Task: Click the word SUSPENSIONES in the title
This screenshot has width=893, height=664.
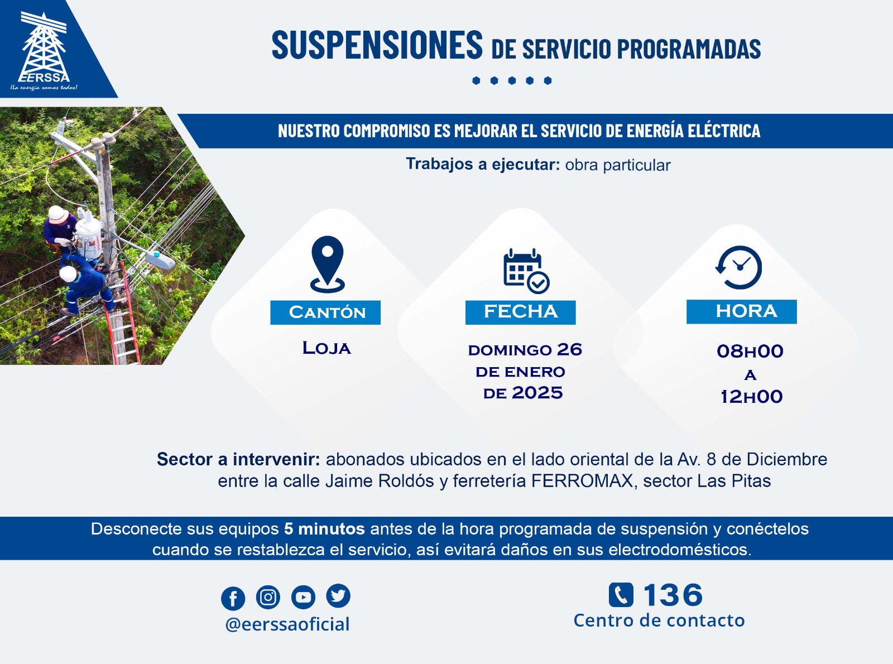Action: [377, 45]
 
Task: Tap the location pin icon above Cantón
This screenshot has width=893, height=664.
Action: [327, 264]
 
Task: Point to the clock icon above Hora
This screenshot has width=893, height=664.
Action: [739, 267]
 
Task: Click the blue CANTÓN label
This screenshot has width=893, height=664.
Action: [325, 312]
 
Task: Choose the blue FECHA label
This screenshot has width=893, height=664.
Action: [521, 312]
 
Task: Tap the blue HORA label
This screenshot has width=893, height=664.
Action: [742, 311]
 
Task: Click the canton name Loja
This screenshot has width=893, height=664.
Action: [327, 348]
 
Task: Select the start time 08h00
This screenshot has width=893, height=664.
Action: [750, 351]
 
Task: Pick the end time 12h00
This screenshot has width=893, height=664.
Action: [751, 397]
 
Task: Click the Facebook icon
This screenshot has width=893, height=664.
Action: [233, 598]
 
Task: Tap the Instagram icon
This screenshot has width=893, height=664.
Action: [268, 596]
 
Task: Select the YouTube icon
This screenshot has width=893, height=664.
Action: [303, 596]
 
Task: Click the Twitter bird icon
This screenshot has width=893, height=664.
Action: [338, 595]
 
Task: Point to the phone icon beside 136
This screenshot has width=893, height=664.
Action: [621, 594]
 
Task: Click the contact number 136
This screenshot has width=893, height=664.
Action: [673, 595]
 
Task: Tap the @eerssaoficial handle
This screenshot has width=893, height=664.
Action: [287, 624]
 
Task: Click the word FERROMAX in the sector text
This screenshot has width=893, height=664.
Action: [582, 481]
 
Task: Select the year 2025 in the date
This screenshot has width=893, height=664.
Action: [537, 393]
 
